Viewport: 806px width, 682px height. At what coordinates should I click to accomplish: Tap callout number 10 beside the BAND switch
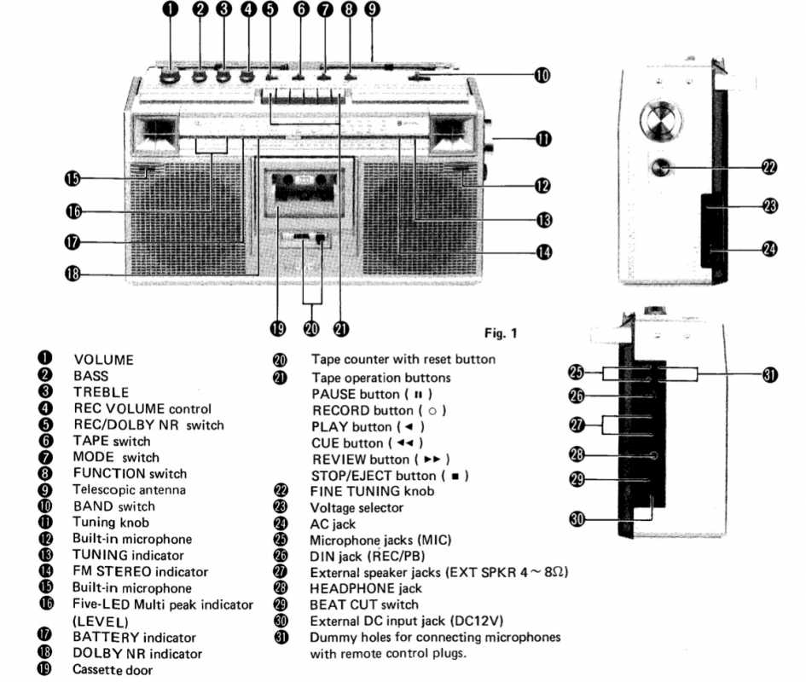[542, 75]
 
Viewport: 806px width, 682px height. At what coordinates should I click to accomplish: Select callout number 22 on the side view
[770, 167]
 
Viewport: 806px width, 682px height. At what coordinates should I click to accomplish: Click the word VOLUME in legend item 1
[103, 360]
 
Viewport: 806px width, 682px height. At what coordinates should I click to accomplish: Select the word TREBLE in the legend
[101, 392]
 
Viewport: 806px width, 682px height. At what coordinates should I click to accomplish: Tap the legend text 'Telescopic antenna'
[129, 490]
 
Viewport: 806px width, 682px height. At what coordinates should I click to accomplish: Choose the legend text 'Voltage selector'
[357, 507]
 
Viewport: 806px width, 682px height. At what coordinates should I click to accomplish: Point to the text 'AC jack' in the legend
[333, 523]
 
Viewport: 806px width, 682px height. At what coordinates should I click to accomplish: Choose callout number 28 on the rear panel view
[576, 455]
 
